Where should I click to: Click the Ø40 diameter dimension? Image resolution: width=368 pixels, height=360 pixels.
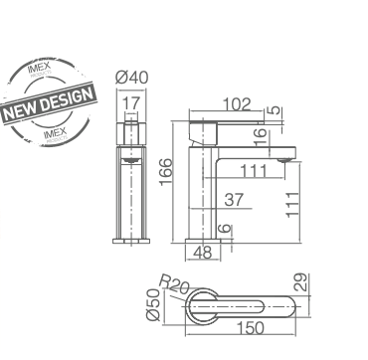[131, 79]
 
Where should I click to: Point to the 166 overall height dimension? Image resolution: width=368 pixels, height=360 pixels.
[166, 170]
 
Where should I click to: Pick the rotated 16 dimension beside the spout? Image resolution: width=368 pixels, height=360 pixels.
[260, 134]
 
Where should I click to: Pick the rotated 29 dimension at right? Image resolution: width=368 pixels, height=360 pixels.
[301, 283]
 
